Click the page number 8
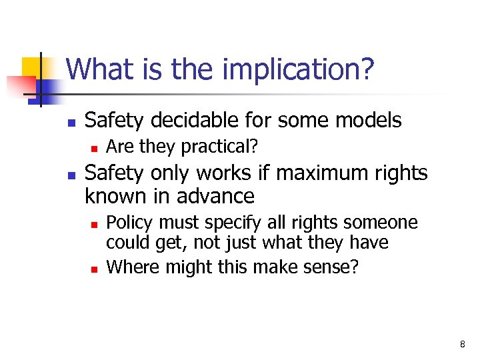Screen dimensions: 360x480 point(462,344)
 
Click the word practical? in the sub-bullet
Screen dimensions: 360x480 point(219,145)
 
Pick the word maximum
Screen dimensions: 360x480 point(316,173)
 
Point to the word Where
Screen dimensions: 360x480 point(129,267)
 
